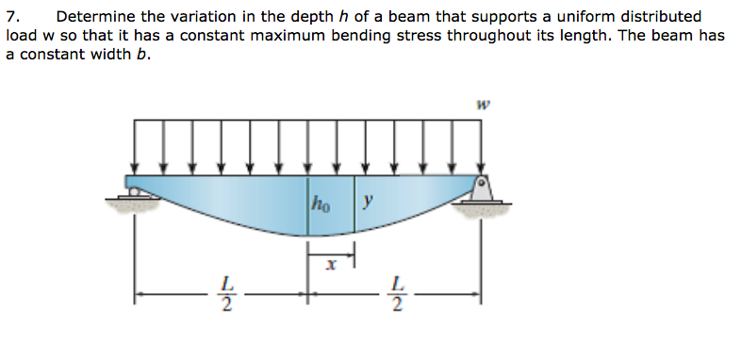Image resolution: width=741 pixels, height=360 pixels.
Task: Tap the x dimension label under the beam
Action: [x=330, y=268]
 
